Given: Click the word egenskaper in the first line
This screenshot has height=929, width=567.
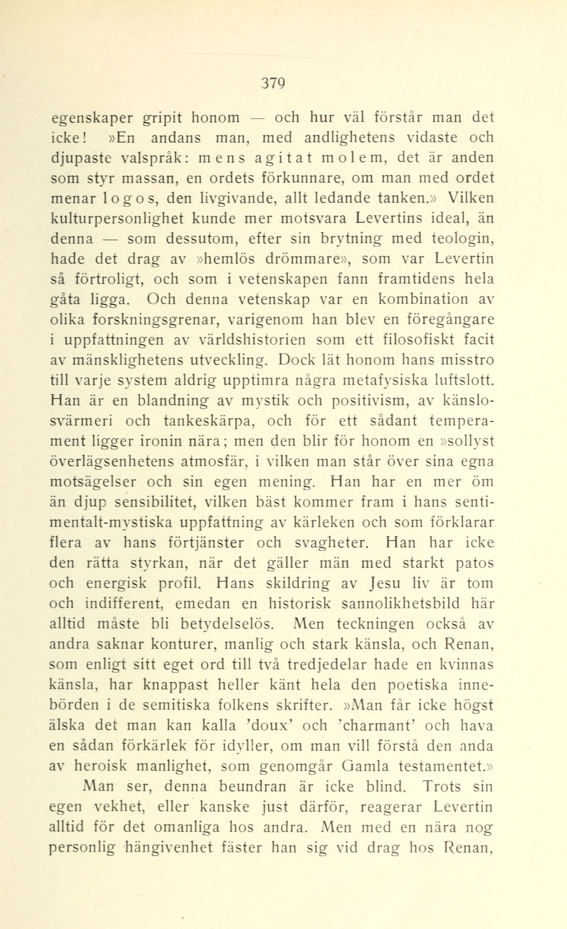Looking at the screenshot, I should coord(92,118).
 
